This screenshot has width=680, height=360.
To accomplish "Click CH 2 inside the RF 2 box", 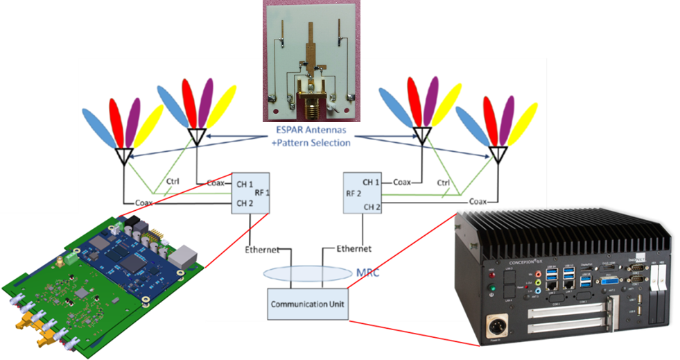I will (x=372, y=207).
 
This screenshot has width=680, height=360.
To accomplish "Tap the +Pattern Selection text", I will (x=311, y=143).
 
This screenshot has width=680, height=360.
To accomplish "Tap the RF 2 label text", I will (x=354, y=195).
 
